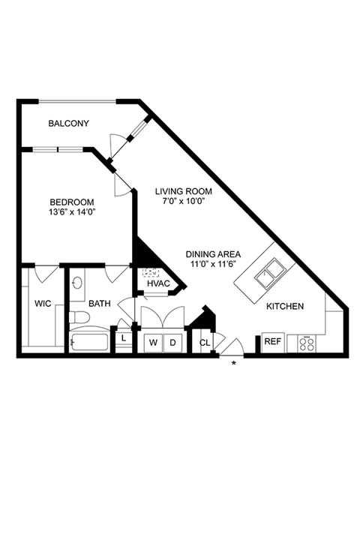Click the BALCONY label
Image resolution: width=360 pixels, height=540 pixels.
click(x=68, y=123)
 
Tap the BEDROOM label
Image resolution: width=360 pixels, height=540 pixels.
click(x=72, y=202)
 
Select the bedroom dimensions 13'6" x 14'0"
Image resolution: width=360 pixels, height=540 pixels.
click(x=72, y=212)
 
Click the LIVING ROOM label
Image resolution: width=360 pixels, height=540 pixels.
click(x=183, y=191)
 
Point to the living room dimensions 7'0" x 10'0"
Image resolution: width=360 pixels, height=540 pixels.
click(x=184, y=201)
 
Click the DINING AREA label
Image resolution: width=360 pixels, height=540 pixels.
click(x=213, y=254)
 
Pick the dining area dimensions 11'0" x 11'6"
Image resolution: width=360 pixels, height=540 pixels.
click(x=213, y=265)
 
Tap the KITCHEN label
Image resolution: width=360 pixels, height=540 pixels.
click(x=285, y=306)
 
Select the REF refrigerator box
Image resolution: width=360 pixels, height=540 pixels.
click(x=273, y=342)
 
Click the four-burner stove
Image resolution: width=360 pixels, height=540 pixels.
click(x=307, y=344)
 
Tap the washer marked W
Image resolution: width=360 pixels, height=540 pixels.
click(x=153, y=343)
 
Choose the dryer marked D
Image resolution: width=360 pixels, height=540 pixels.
click(x=173, y=343)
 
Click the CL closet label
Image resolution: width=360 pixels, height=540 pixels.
click(x=205, y=343)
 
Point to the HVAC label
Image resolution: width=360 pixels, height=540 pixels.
click(x=158, y=283)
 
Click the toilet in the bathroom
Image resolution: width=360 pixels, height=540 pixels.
click(x=79, y=316)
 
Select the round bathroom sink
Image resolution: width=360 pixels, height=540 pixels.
click(x=76, y=283)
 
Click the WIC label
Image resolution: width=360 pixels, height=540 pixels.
click(x=43, y=304)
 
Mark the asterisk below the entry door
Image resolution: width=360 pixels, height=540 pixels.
click(x=234, y=363)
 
